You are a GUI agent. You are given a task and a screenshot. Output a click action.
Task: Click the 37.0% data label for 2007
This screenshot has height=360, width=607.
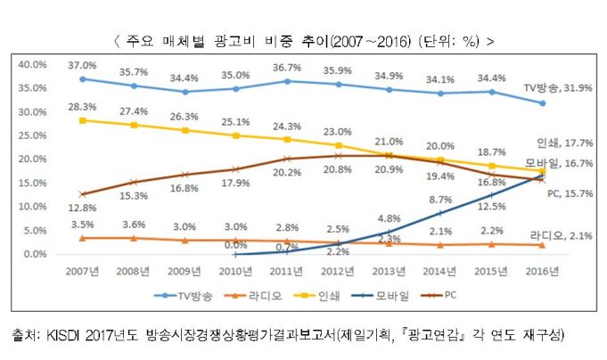(x=82, y=66)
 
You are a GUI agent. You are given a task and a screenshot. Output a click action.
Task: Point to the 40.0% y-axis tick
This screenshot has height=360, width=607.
(x=32, y=64)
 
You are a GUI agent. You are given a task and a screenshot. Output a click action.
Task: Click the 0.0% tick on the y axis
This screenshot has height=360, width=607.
(x=35, y=254)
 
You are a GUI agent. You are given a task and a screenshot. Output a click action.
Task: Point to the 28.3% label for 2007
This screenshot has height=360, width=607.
(x=82, y=107)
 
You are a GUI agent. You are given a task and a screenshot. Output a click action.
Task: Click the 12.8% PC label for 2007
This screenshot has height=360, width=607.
(x=82, y=208)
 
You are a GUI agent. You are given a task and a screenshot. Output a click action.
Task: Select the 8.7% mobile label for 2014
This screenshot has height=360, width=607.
(x=440, y=200)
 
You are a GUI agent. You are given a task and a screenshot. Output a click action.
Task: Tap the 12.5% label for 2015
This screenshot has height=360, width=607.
(x=491, y=207)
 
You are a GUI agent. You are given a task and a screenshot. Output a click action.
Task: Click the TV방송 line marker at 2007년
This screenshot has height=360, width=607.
(x=83, y=78)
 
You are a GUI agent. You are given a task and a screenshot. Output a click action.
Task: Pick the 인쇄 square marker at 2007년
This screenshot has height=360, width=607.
(x=83, y=119)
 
